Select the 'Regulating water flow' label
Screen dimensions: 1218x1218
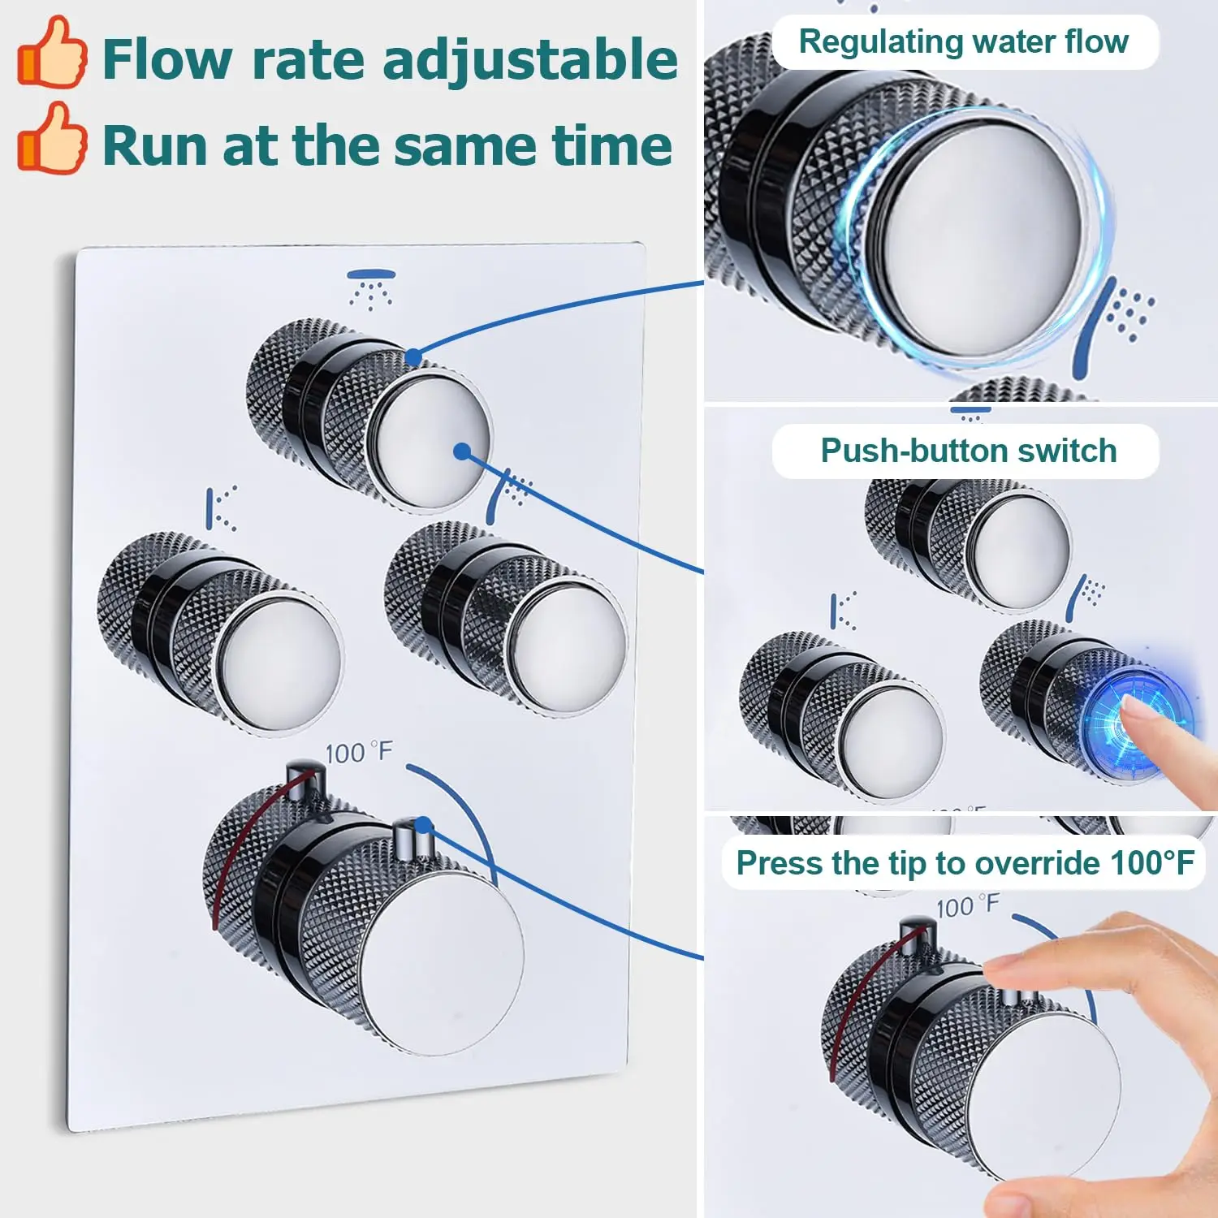tap(964, 41)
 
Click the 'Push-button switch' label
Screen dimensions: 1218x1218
tap(969, 451)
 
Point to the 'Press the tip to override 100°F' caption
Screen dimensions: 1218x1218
tap(965, 863)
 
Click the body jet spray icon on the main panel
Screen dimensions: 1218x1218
tap(221, 508)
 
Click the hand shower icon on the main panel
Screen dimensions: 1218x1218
tap(508, 495)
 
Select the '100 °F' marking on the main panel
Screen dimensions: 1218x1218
tap(359, 753)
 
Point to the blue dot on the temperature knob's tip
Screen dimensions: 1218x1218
tap(422, 827)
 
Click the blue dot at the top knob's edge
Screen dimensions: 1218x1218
tap(413, 356)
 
